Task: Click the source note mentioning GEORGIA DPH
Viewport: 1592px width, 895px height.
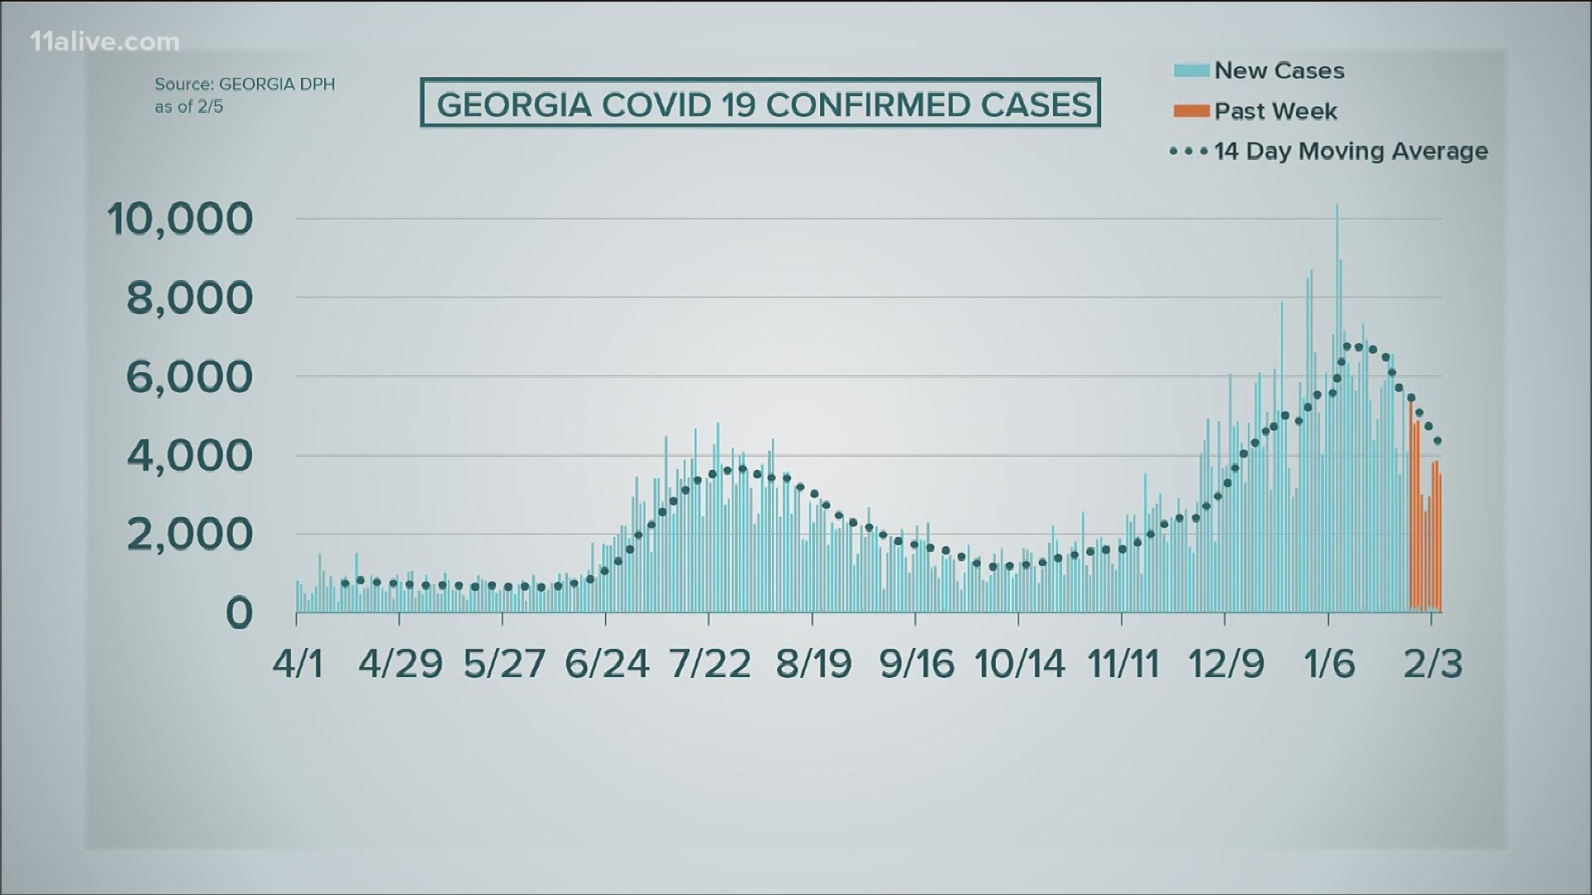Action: [245, 95]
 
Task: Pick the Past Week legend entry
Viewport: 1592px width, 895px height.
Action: [1275, 110]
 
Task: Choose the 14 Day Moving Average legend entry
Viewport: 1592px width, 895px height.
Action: [1350, 151]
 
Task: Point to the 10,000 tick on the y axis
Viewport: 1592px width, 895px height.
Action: [180, 219]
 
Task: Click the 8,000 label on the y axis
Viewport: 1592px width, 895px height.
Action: [189, 298]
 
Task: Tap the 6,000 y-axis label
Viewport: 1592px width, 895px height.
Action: [189, 376]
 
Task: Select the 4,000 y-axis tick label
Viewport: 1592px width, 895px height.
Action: [189, 455]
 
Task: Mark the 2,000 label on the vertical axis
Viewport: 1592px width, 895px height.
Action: [189, 534]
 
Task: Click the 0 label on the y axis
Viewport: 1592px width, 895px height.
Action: [239, 613]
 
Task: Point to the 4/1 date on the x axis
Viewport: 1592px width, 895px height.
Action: [298, 664]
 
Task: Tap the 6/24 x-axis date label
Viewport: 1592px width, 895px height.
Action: [607, 664]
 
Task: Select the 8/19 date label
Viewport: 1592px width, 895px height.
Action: [813, 664]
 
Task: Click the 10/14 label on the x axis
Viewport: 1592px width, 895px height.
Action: [1020, 664]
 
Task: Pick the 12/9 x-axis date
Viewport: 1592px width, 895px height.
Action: [1226, 664]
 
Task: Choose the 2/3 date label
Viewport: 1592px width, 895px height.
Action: [1433, 664]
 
